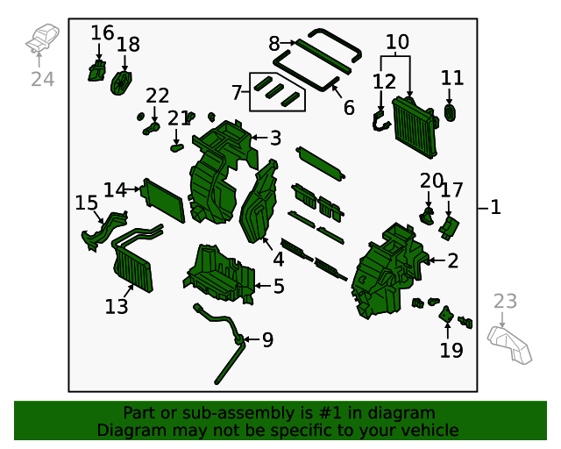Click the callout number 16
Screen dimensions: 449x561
(103, 33)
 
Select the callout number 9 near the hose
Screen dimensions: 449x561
(267, 339)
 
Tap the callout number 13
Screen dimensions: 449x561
(117, 307)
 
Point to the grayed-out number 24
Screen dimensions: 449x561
(43, 79)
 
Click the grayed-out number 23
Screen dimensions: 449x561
(506, 302)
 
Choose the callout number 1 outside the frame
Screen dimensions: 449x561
(495, 208)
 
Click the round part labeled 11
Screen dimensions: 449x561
(451, 113)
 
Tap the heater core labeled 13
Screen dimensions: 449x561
(132, 267)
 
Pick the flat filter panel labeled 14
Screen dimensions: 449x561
(164, 199)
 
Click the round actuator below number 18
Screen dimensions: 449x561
(122, 82)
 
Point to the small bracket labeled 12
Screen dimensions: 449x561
(381, 122)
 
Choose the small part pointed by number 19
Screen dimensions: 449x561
(446, 314)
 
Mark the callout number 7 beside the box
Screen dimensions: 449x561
(237, 92)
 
